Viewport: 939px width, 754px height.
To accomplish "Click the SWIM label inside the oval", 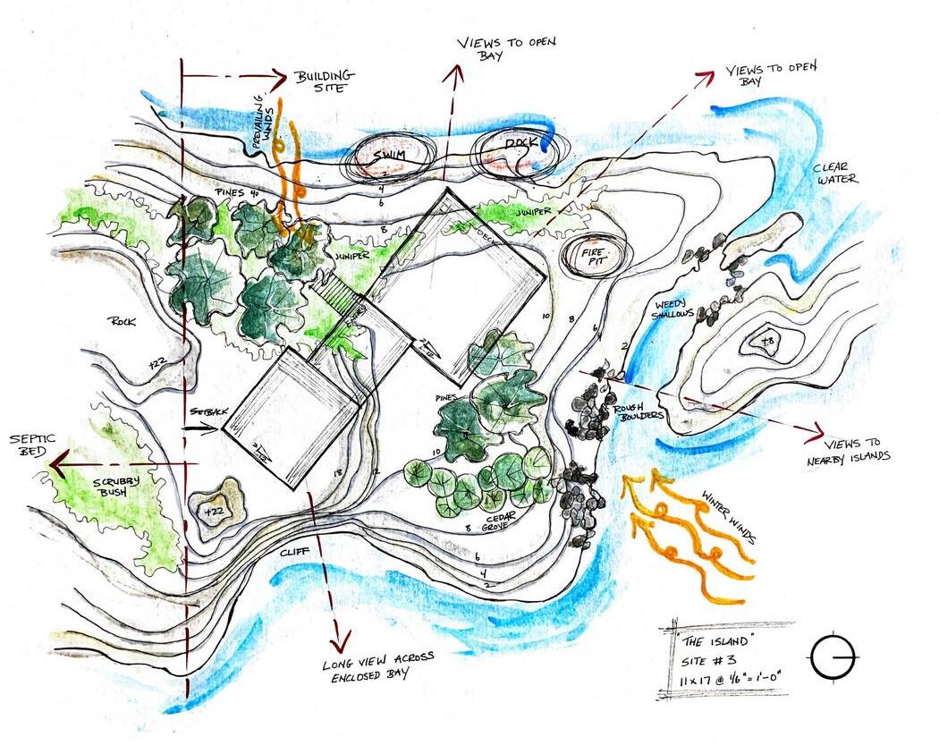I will point(389,157).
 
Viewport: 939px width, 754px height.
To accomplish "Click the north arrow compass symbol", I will point(833,658).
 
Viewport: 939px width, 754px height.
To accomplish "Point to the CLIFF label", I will point(292,553).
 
